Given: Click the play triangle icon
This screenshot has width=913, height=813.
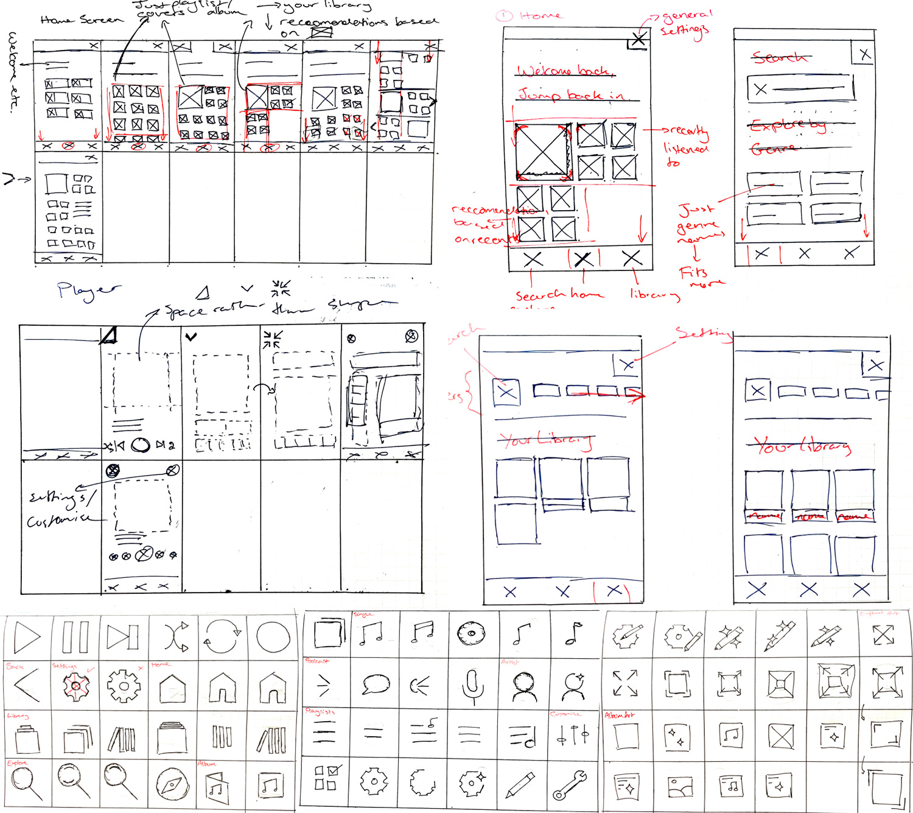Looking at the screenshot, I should (x=27, y=636).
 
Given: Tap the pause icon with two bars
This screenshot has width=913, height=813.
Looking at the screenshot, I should (x=75, y=637).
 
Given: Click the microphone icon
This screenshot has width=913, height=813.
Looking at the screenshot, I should (x=472, y=685).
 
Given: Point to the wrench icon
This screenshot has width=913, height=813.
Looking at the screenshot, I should (x=569, y=785).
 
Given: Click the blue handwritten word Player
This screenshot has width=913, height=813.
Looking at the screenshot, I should (x=88, y=291).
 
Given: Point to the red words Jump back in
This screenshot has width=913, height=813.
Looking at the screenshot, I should (x=571, y=95).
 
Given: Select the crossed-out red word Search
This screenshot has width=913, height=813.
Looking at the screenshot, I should (x=778, y=58).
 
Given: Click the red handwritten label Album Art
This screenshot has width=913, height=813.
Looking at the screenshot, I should (x=620, y=715).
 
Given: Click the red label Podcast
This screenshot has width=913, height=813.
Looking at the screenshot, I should (x=317, y=661).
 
